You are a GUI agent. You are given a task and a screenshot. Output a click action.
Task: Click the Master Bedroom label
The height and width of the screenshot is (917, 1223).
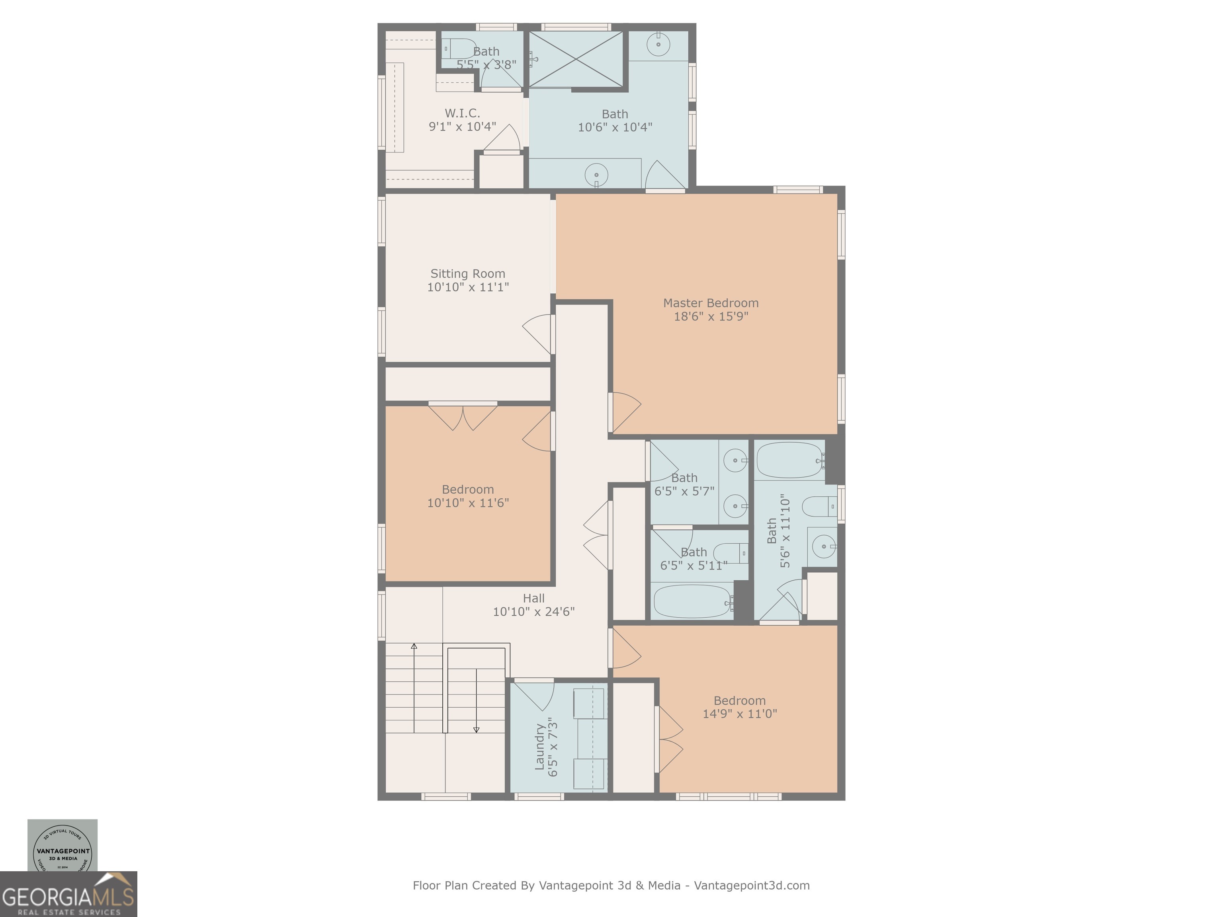(x=711, y=303)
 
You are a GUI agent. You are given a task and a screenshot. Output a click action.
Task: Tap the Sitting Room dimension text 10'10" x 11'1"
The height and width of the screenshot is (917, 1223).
(x=468, y=287)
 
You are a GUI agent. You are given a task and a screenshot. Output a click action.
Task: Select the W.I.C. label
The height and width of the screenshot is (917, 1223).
(x=462, y=113)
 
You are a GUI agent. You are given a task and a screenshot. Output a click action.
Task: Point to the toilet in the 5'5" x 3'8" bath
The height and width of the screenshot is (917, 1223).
(x=458, y=49)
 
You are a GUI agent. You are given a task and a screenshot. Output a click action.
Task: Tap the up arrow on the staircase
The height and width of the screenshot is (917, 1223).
(x=414, y=647)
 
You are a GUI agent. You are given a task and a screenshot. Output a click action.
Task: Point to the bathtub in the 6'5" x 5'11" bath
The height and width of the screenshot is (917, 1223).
(x=691, y=602)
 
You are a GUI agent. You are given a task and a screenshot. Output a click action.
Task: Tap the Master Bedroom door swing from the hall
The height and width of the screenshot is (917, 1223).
(x=625, y=412)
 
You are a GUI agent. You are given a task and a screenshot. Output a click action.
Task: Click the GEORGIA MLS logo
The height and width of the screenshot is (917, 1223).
(x=68, y=894)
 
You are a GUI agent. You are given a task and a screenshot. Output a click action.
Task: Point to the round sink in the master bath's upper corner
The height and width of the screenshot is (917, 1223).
(x=658, y=44)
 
